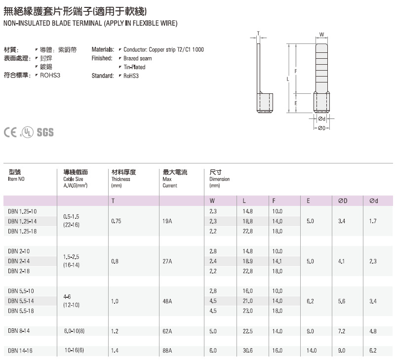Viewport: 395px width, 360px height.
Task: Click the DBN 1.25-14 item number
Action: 23,221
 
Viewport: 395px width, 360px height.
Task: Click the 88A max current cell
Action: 167,350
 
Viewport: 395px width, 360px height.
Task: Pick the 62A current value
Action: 167,331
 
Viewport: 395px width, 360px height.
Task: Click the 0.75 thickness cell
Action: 117,221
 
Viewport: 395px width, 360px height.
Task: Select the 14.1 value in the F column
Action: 277,261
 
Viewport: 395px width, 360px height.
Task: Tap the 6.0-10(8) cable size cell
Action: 75,331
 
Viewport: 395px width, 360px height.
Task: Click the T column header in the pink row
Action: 113,201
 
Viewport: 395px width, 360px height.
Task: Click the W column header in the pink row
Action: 212,201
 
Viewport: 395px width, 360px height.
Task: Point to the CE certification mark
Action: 11,132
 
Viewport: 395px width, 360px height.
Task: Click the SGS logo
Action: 45,132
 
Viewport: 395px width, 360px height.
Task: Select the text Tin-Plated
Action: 134,67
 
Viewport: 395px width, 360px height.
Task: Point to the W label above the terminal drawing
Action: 321,35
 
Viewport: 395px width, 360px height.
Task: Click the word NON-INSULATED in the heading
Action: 23,23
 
